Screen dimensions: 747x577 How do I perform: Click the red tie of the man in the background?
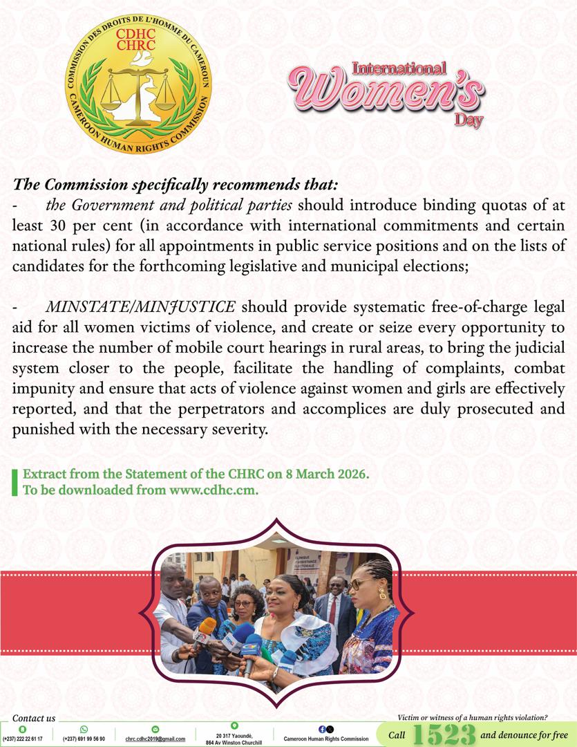tap(332, 608)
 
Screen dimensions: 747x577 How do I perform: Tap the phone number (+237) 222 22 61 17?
tap(23, 739)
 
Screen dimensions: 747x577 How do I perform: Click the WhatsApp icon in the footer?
tap(84, 729)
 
